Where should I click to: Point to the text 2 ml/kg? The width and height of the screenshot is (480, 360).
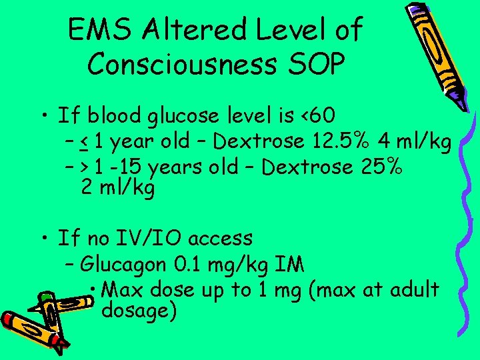[117, 188]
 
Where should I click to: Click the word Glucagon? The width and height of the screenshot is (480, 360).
[123, 265]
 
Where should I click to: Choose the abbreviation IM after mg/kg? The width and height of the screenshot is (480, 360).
[289, 265]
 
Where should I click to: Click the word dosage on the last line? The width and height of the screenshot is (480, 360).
[139, 311]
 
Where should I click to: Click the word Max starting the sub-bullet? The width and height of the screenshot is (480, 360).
[125, 290]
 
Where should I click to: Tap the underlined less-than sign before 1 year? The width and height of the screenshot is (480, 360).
[85, 143]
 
